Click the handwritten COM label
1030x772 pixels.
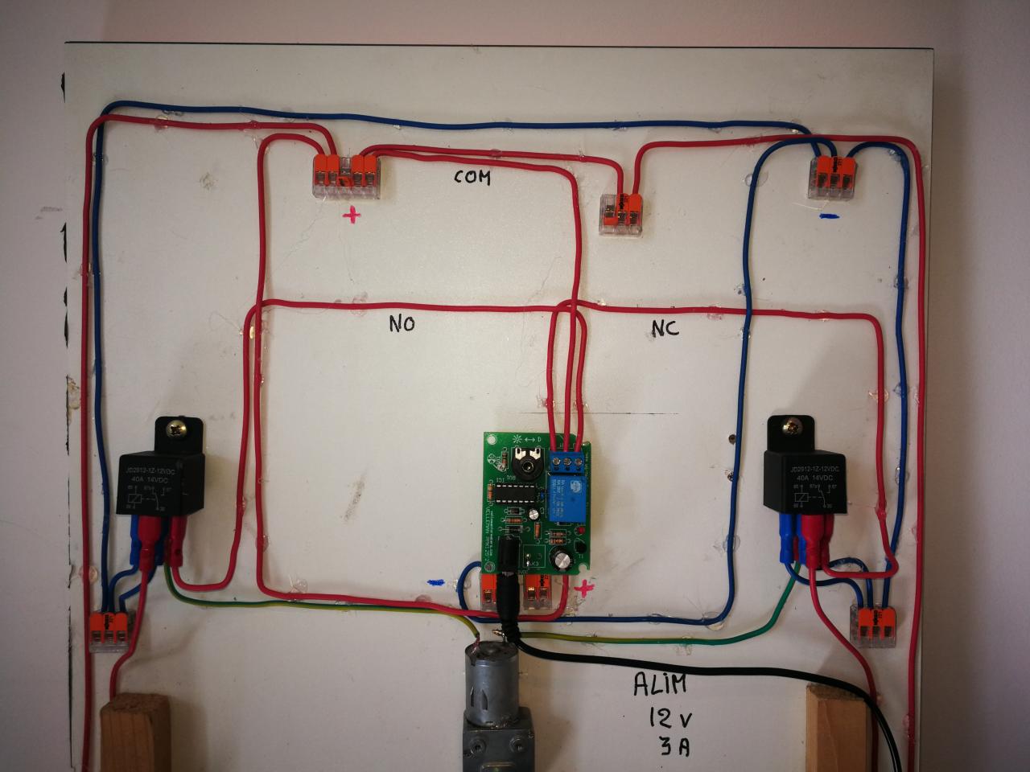(x=472, y=177)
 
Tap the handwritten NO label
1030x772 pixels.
(x=402, y=324)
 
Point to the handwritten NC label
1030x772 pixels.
(x=664, y=327)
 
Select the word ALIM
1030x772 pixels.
(x=660, y=685)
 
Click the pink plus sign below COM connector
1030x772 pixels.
(x=352, y=215)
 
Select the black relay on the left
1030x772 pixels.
(x=160, y=482)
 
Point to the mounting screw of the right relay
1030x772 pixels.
(x=793, y=428)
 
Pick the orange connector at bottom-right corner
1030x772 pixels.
(x=874, y=625)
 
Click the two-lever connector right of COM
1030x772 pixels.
(x=620, y=214)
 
